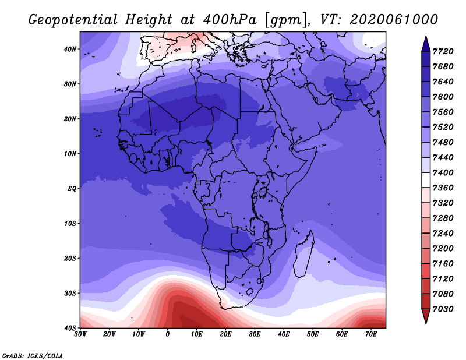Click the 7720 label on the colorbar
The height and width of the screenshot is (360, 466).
pos(443,51)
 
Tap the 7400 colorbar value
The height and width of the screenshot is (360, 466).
pos(443,172)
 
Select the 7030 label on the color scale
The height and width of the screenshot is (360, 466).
pos(443,309)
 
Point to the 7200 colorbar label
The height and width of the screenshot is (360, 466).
pos(443,248)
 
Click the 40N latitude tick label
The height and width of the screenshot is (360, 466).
pos(70,49)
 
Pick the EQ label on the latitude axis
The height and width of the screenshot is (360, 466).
pos(72,189)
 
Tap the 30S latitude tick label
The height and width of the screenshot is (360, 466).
pos(70,294)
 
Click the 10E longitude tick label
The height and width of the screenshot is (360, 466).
pos(196,334)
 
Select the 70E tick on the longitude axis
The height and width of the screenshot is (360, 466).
pos(371,334)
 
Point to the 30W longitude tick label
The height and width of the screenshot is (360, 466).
pos(80,334)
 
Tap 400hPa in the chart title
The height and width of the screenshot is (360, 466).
pos(230,20)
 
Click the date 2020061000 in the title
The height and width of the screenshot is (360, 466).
pos(394,20)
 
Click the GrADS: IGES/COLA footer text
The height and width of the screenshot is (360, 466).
pos(33,356)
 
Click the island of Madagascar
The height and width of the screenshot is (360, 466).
pos(303,256)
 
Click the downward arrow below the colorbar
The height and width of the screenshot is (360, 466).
pos(426,316)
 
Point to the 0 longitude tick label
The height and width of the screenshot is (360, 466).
pos(168,334)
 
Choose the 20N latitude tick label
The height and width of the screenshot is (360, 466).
pos(70,119)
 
